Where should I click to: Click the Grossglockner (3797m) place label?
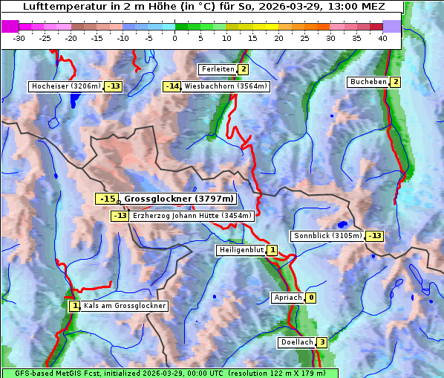pos(178,199)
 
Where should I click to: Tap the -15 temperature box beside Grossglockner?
pos(108,199)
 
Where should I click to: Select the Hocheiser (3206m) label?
pos(65,86)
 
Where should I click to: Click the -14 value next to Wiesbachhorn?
pos(172,86)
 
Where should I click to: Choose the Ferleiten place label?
pos(218,69)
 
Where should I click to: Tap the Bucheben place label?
pos(368,82)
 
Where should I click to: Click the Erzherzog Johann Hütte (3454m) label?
pos(192,216)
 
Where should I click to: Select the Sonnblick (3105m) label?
pos(327,236)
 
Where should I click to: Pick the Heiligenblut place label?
pos(241,250)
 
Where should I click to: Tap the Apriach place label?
pos(287,298)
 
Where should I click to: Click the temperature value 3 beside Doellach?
pos(321,342)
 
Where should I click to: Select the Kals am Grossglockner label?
pos(125,306)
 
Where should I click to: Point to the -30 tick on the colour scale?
pos(19,38)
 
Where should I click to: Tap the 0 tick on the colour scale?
pos(175,38)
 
